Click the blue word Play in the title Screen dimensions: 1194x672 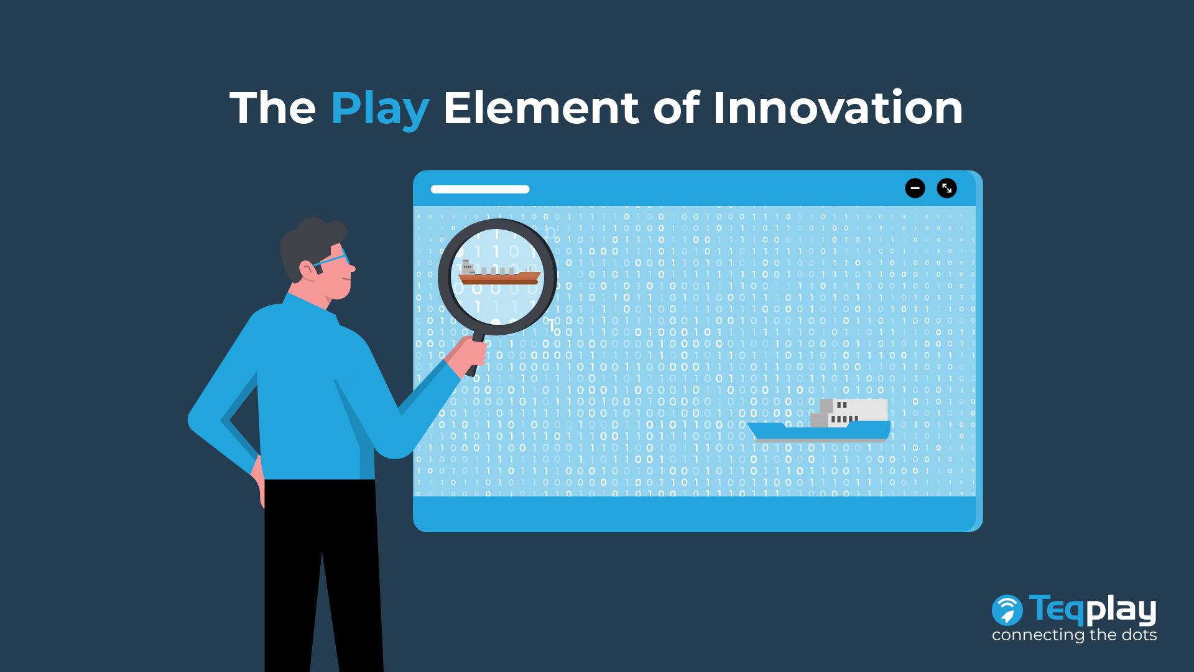click(379, 109)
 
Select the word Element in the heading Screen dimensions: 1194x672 click(541, 108)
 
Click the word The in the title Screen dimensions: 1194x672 click(272, 108)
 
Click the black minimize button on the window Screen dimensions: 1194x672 click(915, 188)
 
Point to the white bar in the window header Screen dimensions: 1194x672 click(480, 189)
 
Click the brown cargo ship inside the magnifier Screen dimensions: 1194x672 click(499, 274)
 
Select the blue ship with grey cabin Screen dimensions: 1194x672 click(819, 421)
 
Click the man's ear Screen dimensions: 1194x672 click(308, 269)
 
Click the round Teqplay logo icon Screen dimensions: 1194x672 click(1007, 610)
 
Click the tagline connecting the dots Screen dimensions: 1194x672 click(1074, 635)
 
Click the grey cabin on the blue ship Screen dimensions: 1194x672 click(849, 413)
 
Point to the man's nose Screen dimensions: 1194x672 click(352, 268)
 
